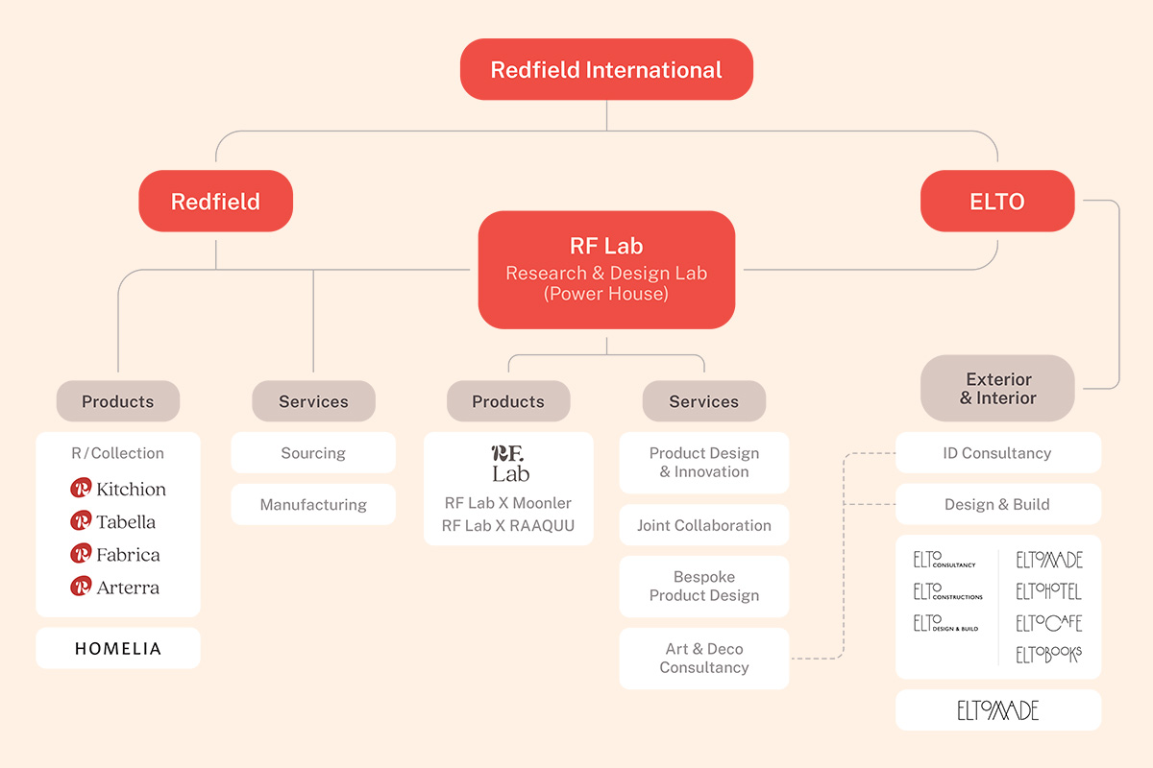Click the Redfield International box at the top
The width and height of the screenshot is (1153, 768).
tap(606, 70)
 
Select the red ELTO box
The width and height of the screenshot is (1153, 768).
tap(997, 202)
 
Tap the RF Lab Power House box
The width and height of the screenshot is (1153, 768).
tap(606, 270)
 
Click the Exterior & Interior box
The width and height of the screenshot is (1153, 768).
tap(997, 389)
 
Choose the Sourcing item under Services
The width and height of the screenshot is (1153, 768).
tap(313, 453)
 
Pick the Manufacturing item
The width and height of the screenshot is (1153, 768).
tap(313, 505)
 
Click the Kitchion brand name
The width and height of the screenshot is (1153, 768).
tap(131, 490)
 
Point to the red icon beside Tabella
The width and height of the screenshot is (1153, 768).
tap(81, 521)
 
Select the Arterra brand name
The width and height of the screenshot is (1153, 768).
tap(128, 588)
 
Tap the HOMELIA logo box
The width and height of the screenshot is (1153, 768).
tap(118, 649)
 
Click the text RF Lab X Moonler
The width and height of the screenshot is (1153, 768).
tap(508, 503)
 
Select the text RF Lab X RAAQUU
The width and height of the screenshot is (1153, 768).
tap(508, 526)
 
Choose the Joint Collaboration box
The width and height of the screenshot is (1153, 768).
tap(703, 526)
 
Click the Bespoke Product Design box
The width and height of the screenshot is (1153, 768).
tap(703, 587)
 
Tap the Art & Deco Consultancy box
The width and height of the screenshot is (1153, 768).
tap(703, 659)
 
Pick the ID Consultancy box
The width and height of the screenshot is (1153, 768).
tap(997, 453)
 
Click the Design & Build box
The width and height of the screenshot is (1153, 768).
tap(997, 505)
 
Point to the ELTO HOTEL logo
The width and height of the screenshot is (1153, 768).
tap(1048, 591)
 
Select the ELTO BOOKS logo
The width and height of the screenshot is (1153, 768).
tap(1048, 655)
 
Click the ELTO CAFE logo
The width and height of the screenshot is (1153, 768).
tap(1048, 623)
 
